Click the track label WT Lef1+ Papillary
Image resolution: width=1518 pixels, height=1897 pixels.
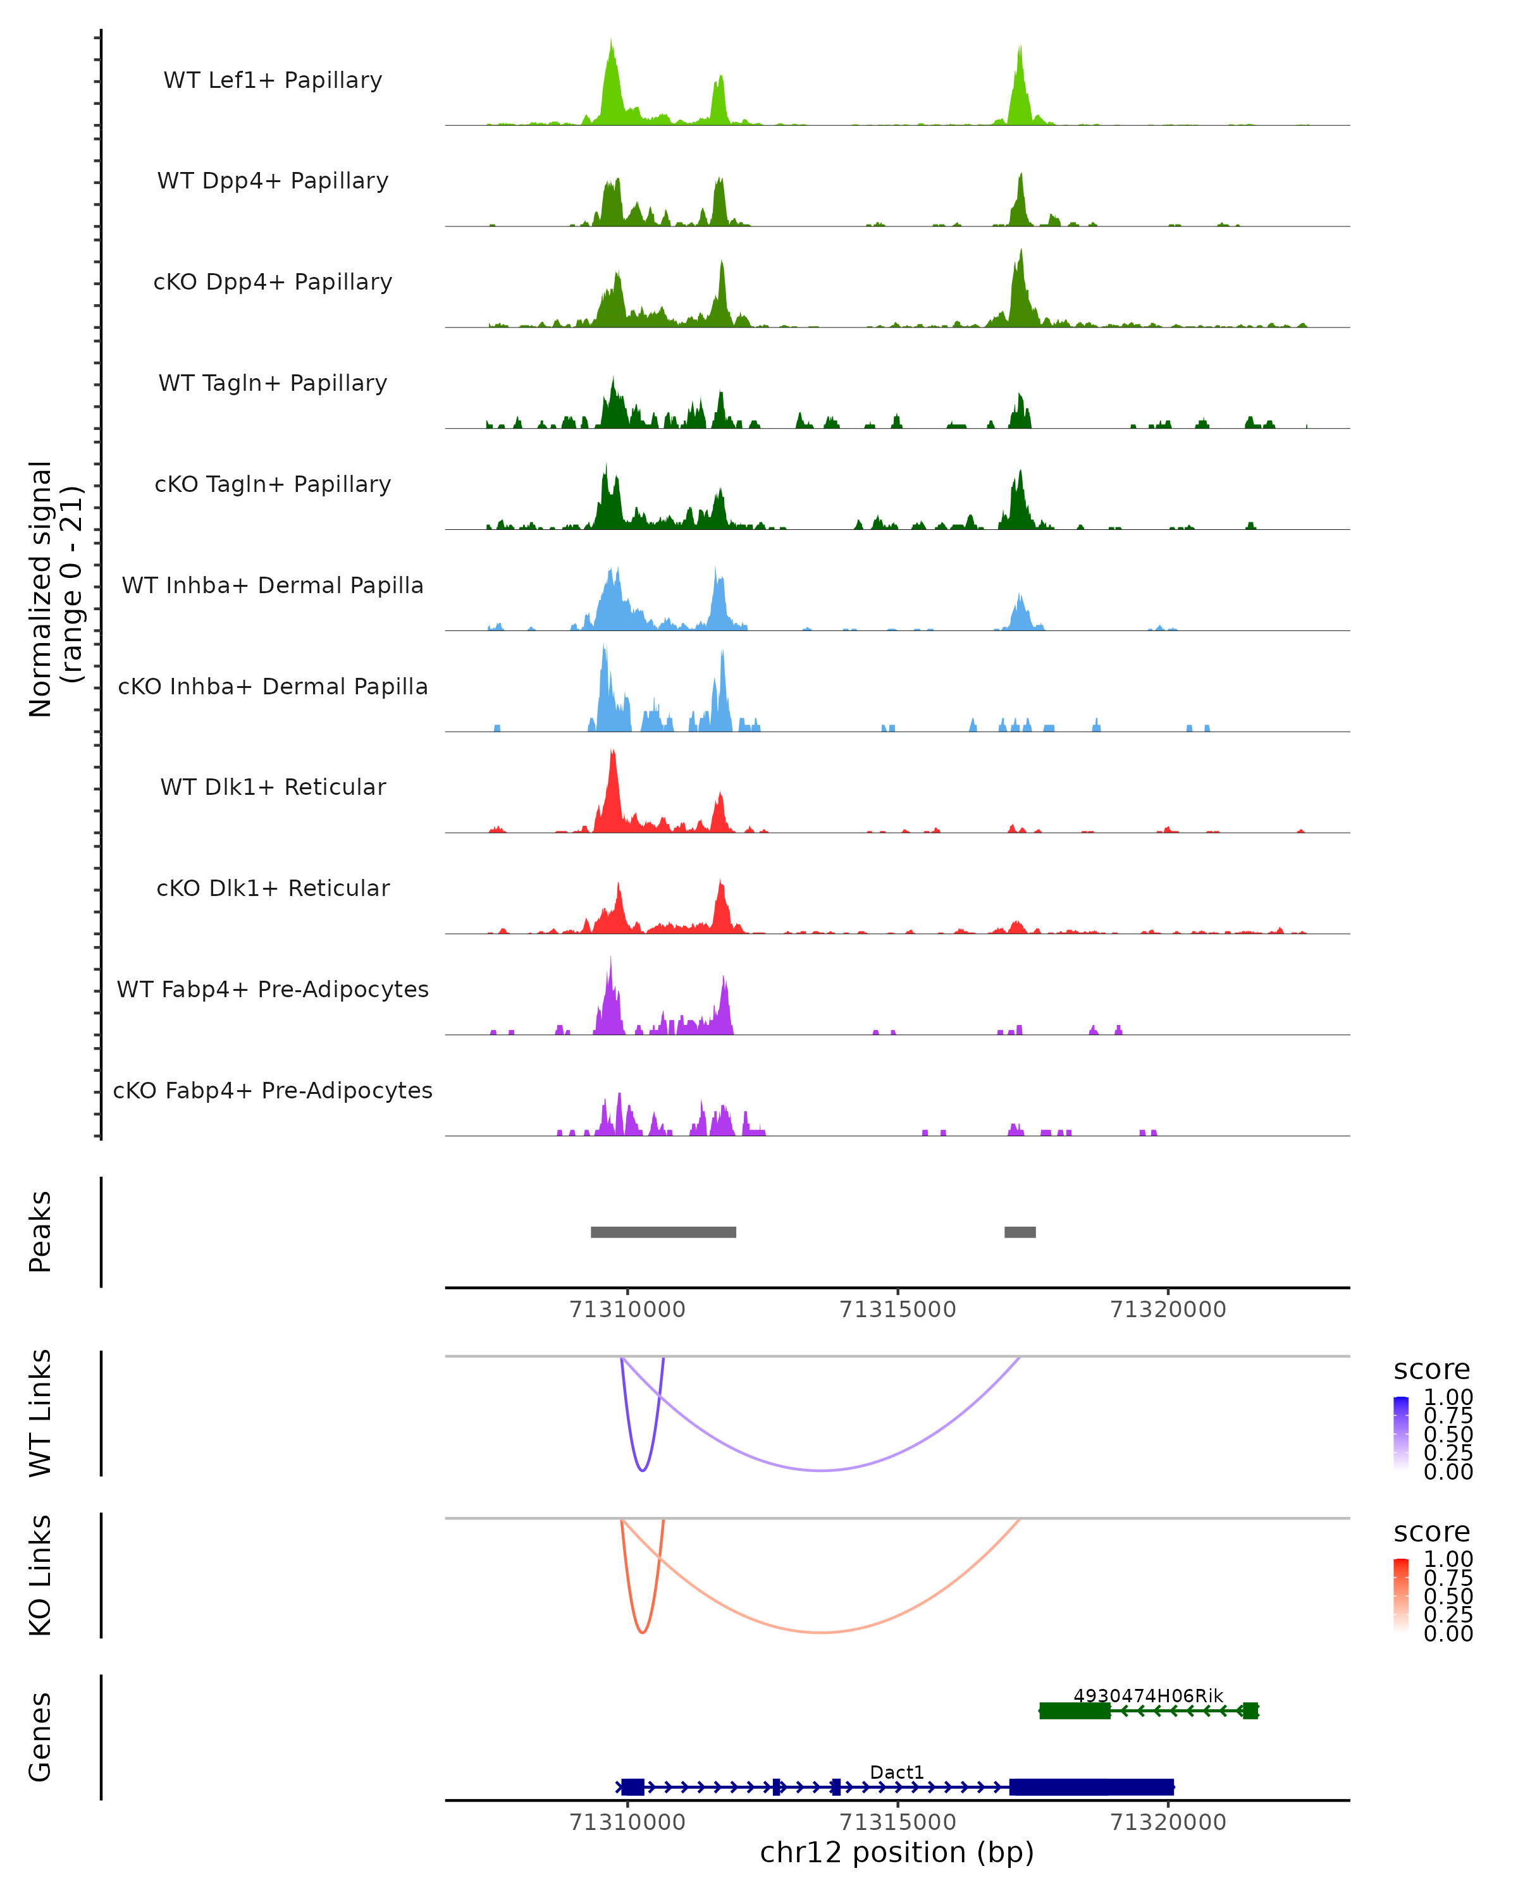coord(273,80)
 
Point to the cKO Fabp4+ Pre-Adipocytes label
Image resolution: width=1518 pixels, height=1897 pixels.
coord(273,1090)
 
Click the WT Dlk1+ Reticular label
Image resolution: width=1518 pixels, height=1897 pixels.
coord(273,787)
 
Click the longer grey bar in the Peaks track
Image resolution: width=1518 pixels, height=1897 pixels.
coord(663,1232)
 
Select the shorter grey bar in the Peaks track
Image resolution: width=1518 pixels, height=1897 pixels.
coord(1020,1232)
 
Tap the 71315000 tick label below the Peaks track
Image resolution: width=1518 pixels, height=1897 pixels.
coord(898,1310)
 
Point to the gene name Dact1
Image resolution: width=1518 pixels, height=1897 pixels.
coord(897,1772)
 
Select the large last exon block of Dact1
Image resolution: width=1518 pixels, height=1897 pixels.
coord(1091,1787)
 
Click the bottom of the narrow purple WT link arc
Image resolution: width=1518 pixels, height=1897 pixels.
coord(643,1470)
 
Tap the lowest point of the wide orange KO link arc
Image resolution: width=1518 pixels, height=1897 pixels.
coord(820,1632)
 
